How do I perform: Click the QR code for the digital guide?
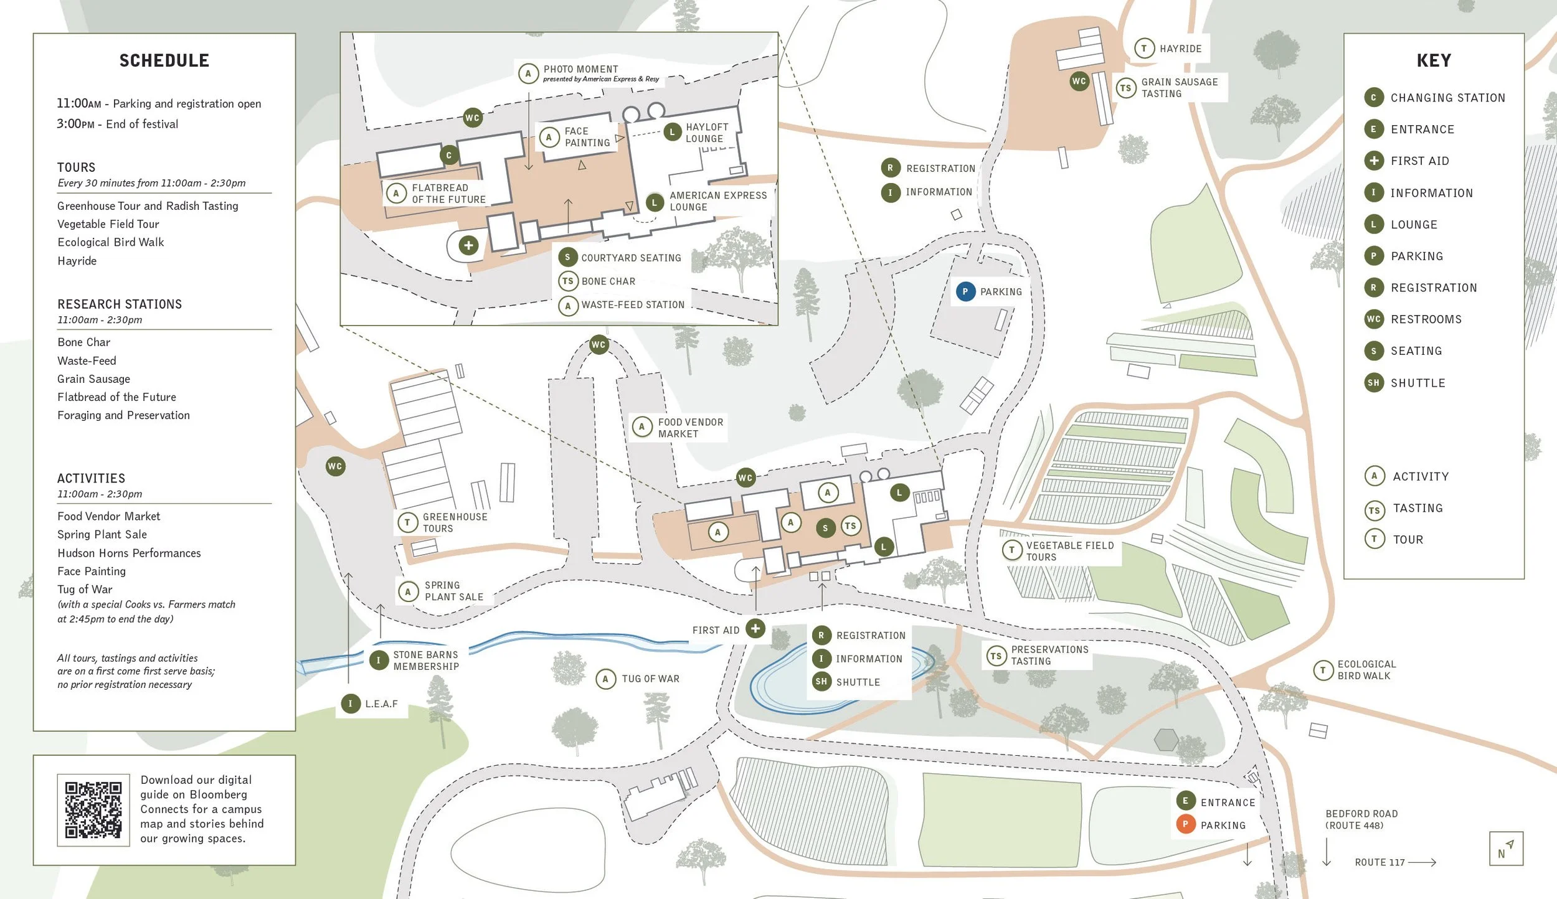coord(93,809)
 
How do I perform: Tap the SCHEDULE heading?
coord(164,61)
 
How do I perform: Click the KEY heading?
coord(1434,61)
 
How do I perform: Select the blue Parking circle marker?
coord(965,291)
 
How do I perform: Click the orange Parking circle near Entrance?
coord(1185,824)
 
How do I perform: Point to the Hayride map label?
coord(1180,49)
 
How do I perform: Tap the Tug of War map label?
coord(650,679)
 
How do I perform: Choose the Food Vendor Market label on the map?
coord(690,428)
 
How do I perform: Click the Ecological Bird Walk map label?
coord(1366,670)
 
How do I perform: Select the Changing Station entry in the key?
coord(1447,98)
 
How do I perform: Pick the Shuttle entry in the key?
coord(1417,383)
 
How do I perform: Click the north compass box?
coord(1506,848)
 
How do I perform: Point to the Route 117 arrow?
coord(1422,862)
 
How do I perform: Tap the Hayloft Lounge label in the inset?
coord(706,133)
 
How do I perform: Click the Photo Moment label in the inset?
coord(580,70)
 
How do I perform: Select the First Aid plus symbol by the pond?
coord(755,629)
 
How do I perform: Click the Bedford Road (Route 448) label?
coord(1361,819)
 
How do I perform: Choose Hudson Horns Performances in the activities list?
coord(129,553)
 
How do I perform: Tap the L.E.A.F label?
coord(381,704)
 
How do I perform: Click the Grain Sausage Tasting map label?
coord(1179,88)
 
